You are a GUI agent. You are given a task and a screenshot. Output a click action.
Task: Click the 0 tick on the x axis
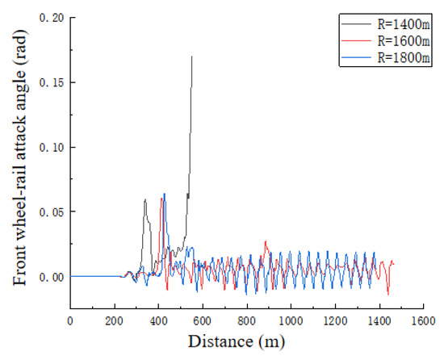[70, 320]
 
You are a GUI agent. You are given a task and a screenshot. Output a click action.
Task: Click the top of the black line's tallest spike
[191, 56]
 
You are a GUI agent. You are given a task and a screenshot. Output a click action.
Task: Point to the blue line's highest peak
[165, 194]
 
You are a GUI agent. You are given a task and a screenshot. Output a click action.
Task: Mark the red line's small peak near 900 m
[265, 241]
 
